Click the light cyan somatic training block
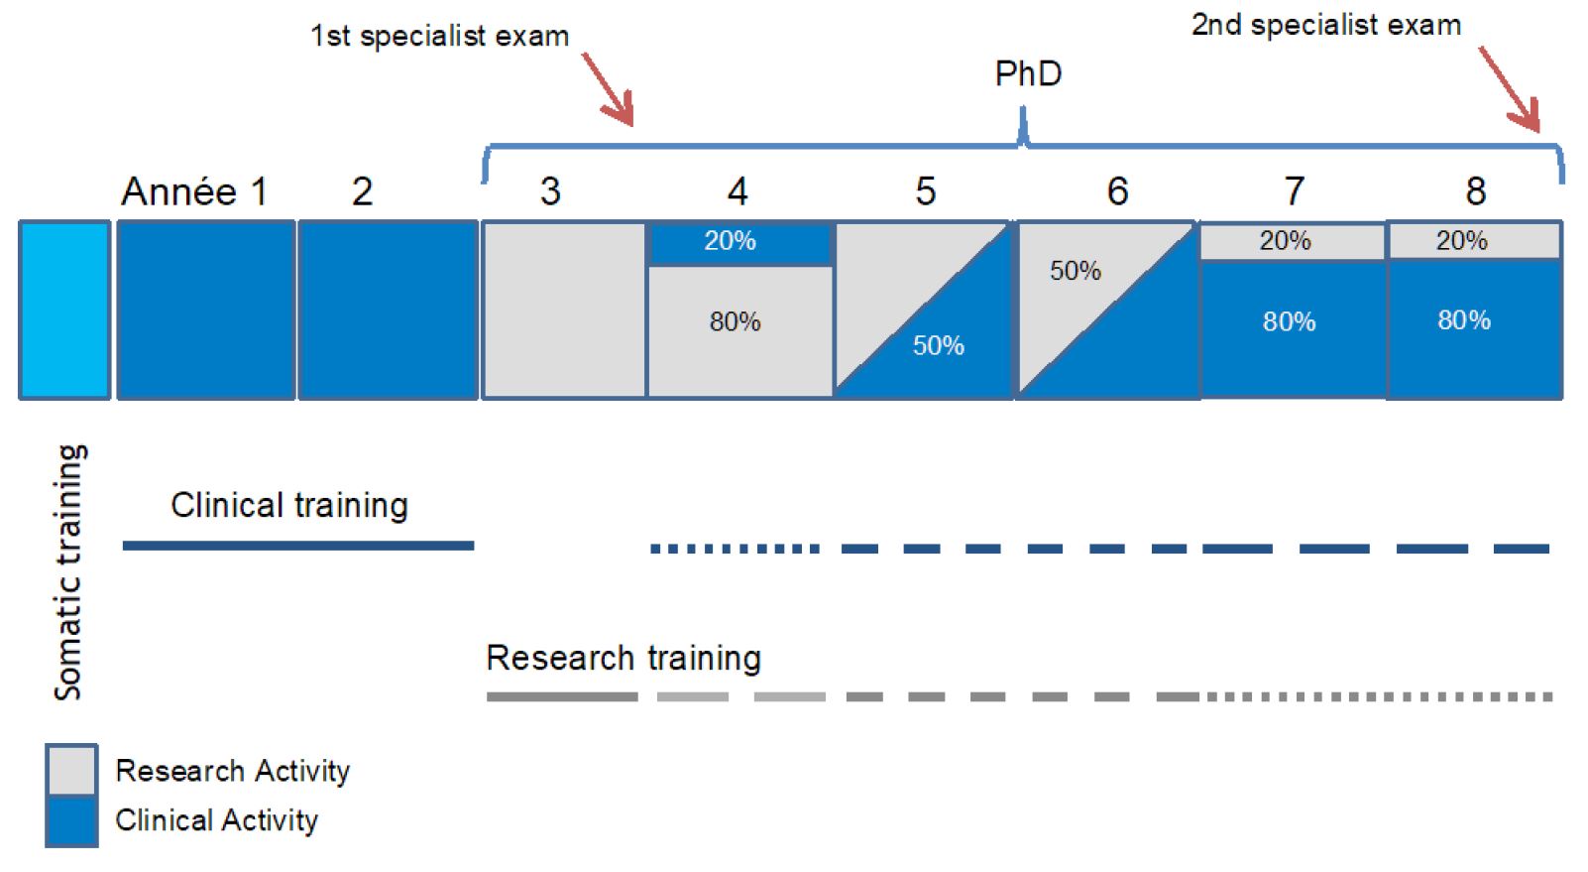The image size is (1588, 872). click(x=64, y=311)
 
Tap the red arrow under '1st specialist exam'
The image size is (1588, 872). click(x=609, y=89)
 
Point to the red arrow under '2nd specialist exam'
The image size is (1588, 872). click(x=1510, y=90)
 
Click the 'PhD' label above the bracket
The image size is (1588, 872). click(x=1028, y=73)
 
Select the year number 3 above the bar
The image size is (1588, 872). click(x=551, y=191)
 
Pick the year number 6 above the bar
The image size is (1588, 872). click(x=1117, y=191)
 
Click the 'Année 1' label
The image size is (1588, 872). click(x=194, y=191)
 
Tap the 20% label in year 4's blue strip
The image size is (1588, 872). click(x=731, y=241)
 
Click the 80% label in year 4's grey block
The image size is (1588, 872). click(x=736, y=322)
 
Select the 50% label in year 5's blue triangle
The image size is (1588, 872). click(x=939, y=345)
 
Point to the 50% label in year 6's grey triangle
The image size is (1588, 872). click(x=1076, y=270)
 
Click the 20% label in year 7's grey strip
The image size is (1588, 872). click(x=1286, y=241)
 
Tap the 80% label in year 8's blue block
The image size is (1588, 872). click(x=1464, y=320)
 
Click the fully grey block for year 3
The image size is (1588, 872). click(x=564, y=311)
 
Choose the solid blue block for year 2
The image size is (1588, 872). click(x=389, y=311)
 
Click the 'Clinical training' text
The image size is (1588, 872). click(x=289, y=505)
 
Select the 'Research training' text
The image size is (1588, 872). click(x=624, y=658)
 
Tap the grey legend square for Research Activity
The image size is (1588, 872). click(x=71, y=770)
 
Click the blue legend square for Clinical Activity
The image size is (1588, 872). click(x=71, y=821)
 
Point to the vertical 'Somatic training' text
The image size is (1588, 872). click(x=69, y=572)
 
